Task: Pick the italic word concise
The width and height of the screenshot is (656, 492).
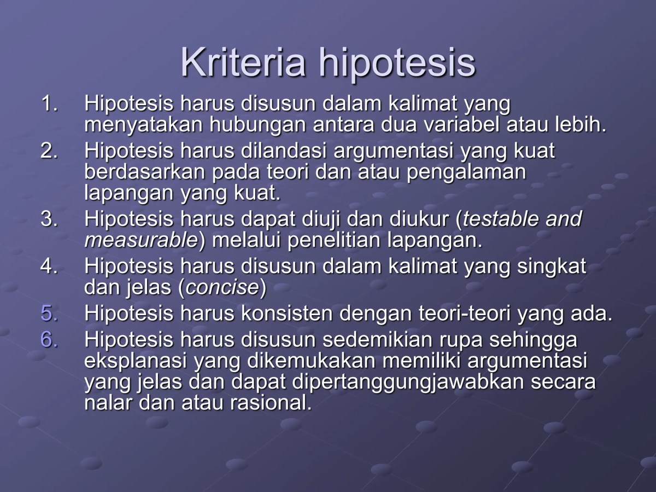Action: click(221, 288)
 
